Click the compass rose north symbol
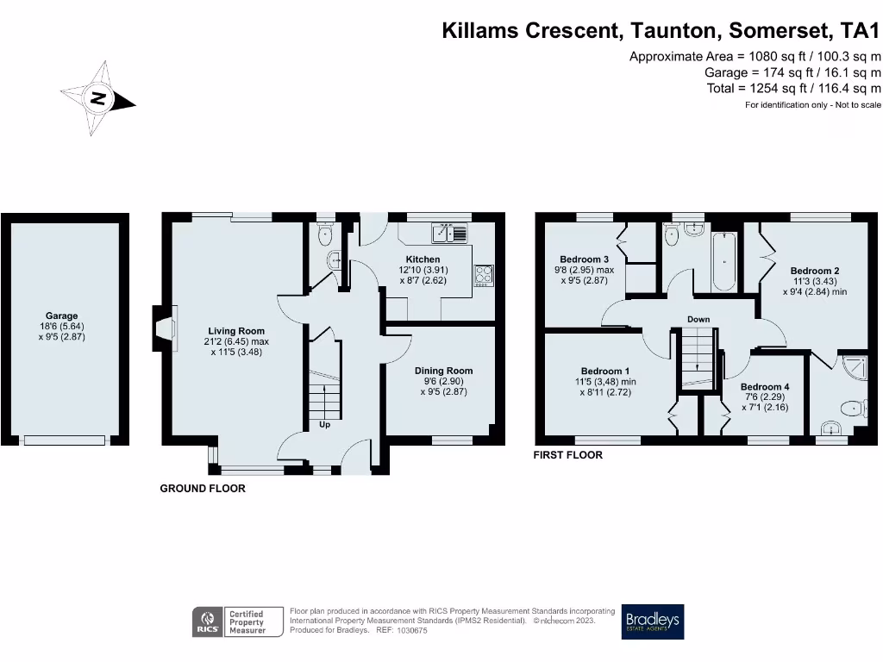99,98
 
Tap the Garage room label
62,316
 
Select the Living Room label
236,331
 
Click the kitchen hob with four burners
483,274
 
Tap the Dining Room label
443,371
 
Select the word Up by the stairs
324,424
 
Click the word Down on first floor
698,320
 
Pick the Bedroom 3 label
584,259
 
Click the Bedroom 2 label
814,271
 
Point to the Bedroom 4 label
764,387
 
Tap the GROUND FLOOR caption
203,489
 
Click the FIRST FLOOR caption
567,454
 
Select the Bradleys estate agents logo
653,621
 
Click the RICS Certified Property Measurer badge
238,621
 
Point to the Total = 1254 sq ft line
792,88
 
